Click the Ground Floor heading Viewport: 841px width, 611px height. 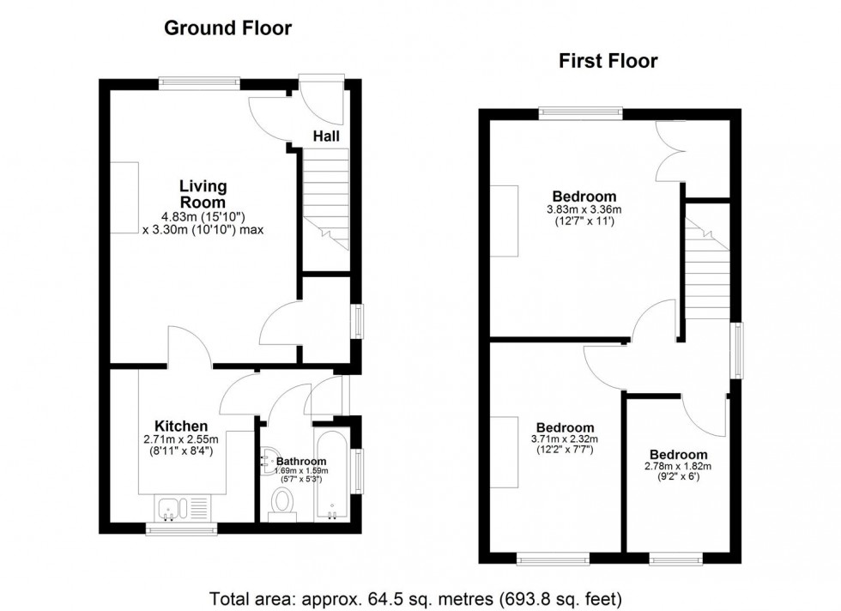(x=227, y=28)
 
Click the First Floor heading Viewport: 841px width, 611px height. (x=608, y=61)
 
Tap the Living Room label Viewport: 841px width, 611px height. (x=203, y=194)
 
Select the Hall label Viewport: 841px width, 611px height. (x=325, y=136)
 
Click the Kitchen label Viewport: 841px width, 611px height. (x=180, y=426)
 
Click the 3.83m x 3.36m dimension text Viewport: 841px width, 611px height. (x=584, y=209)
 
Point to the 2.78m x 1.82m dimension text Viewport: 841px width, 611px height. (x=678, y=467)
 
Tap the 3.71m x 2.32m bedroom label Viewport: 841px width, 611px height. (x=565, y=428)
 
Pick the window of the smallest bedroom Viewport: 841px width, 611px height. (x=677, y=560)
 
